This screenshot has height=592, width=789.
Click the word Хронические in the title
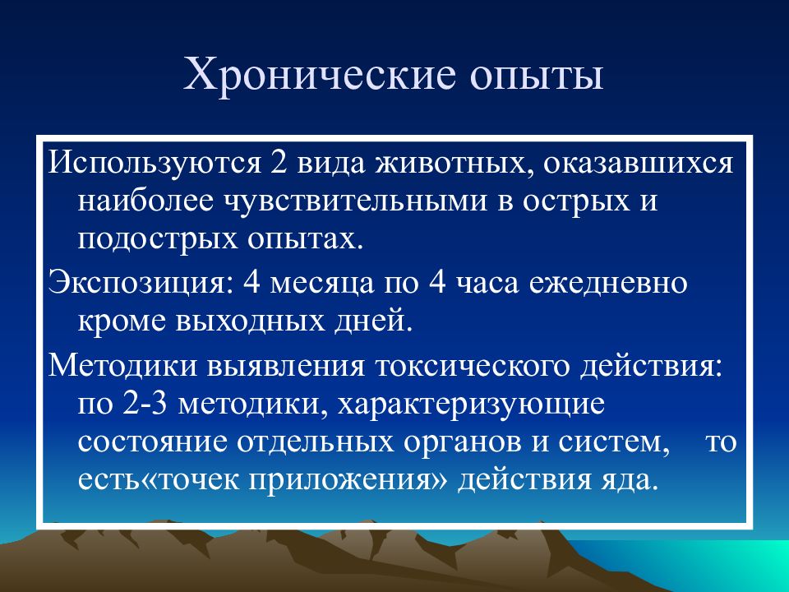pos(320,75)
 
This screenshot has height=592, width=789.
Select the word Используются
pos(155,163)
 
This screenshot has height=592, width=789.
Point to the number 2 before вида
pos(279,162)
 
